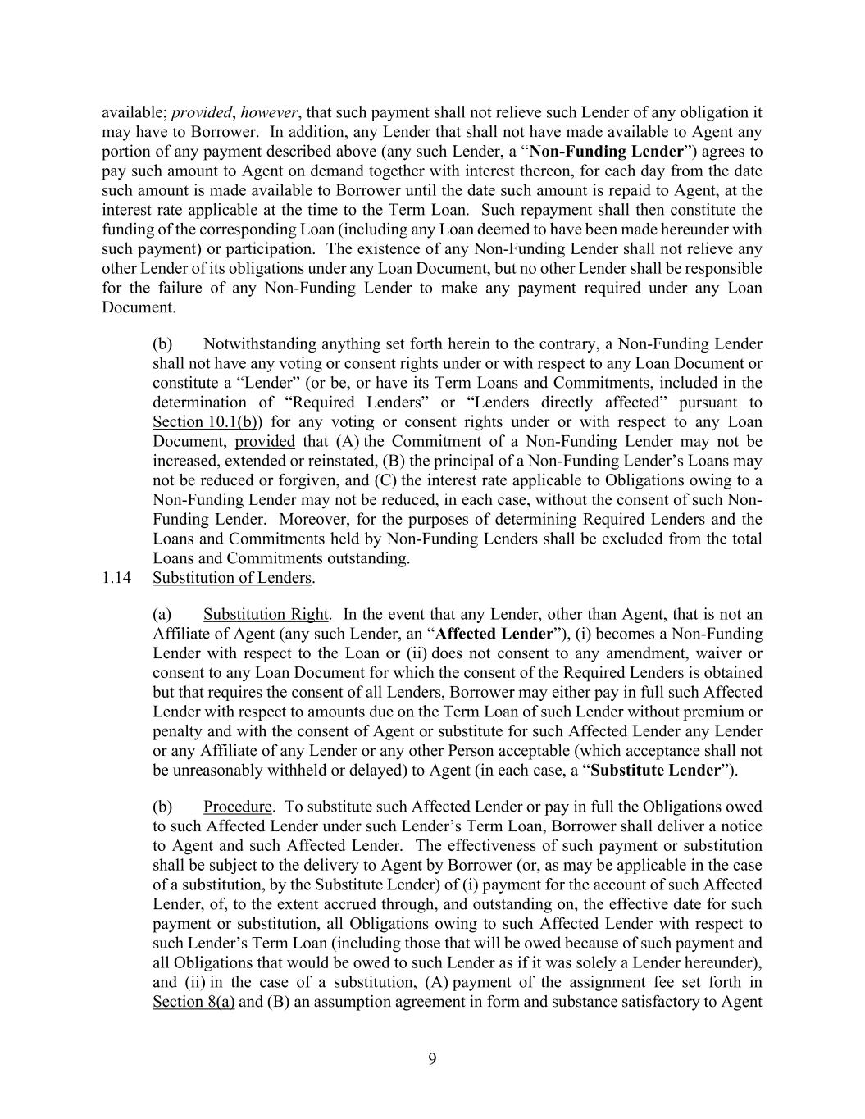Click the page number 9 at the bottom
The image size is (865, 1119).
pyautogui.click(x=432, y=1059)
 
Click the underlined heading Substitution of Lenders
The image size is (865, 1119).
pyautogui.click(x=233, y=578)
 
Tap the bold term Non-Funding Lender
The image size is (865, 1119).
pyautogui.click(x=607, y=152)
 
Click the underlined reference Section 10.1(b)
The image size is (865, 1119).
pyautogui.click(x=205, y=422)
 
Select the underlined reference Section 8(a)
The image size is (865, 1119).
pyautogui.click(x=193, y=1002)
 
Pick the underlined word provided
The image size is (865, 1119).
pyautogui.click(x=265, y=442)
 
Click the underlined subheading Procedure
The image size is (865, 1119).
pyautogui.click(x=237, y=807)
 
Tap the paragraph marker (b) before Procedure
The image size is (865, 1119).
pyautogui.click(x=162, y=807)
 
